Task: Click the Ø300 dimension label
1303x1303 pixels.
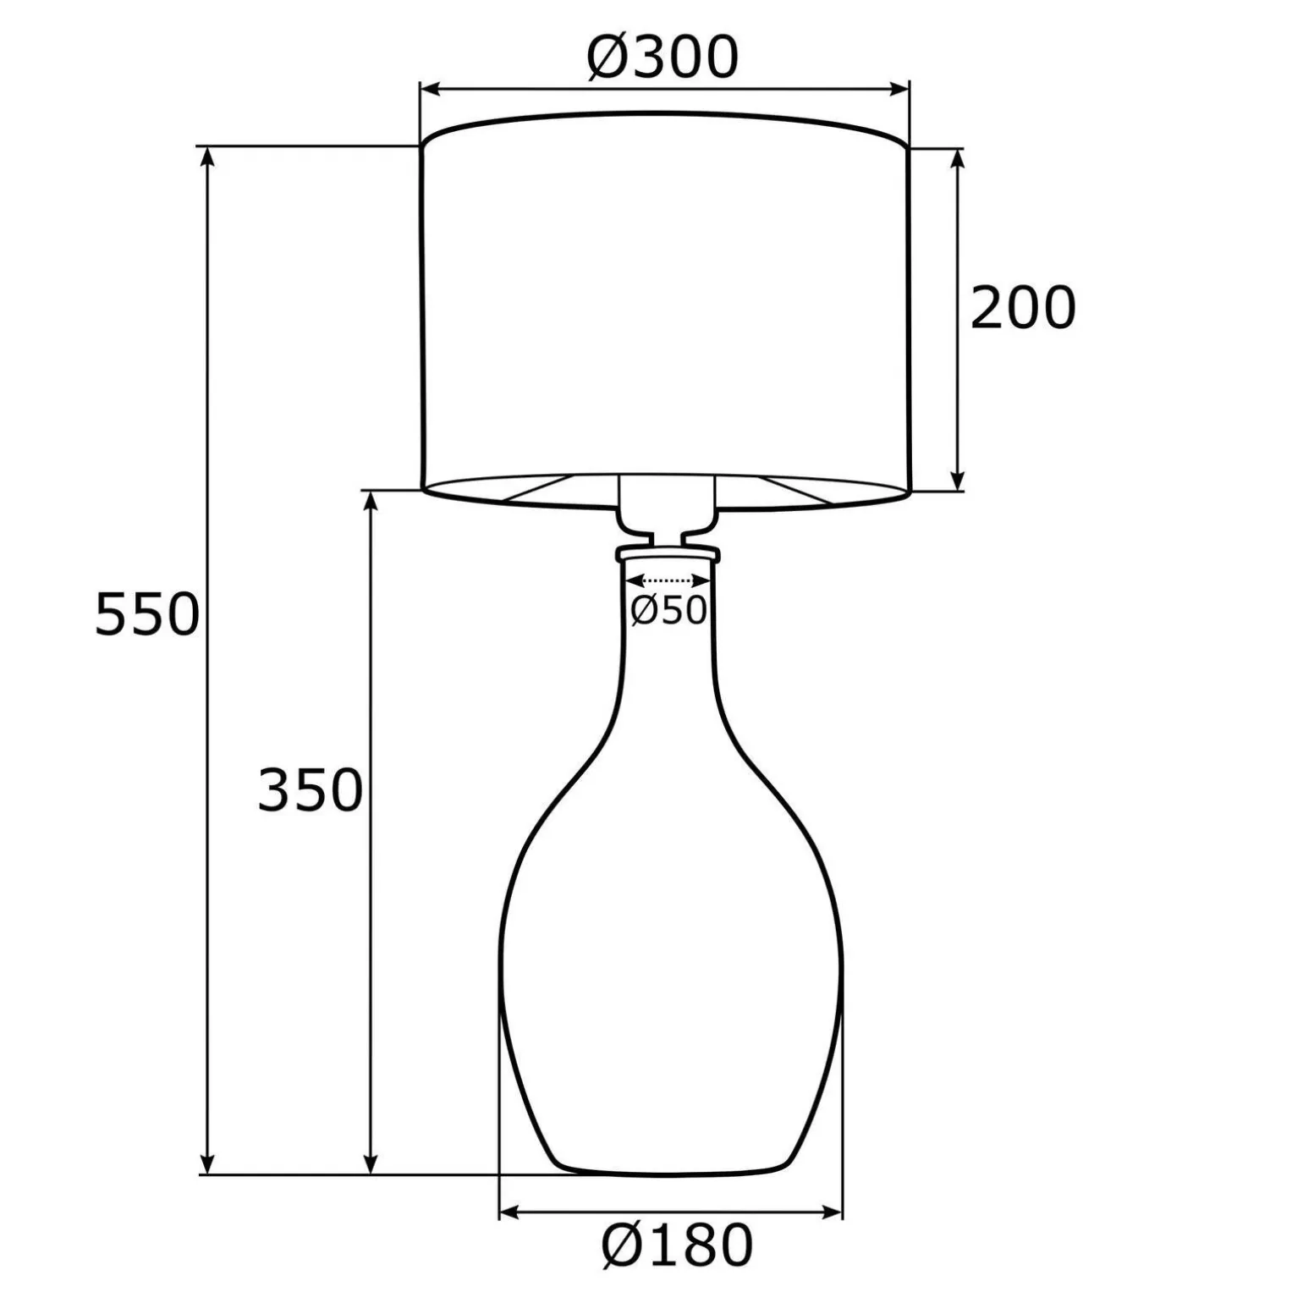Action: pos(662,58)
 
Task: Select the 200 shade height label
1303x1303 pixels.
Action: pos(1022,308)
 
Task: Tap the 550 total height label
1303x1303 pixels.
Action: pos(146,614)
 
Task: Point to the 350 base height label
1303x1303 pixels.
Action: pos(310,790)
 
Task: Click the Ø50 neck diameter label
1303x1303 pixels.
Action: pos(668,610)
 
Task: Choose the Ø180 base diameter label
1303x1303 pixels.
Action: pos(677,1245)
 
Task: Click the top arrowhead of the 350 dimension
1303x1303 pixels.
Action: pos(370,503)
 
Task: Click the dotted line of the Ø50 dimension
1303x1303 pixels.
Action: pos(668,580)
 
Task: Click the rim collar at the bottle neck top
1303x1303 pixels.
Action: pos(668,554)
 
